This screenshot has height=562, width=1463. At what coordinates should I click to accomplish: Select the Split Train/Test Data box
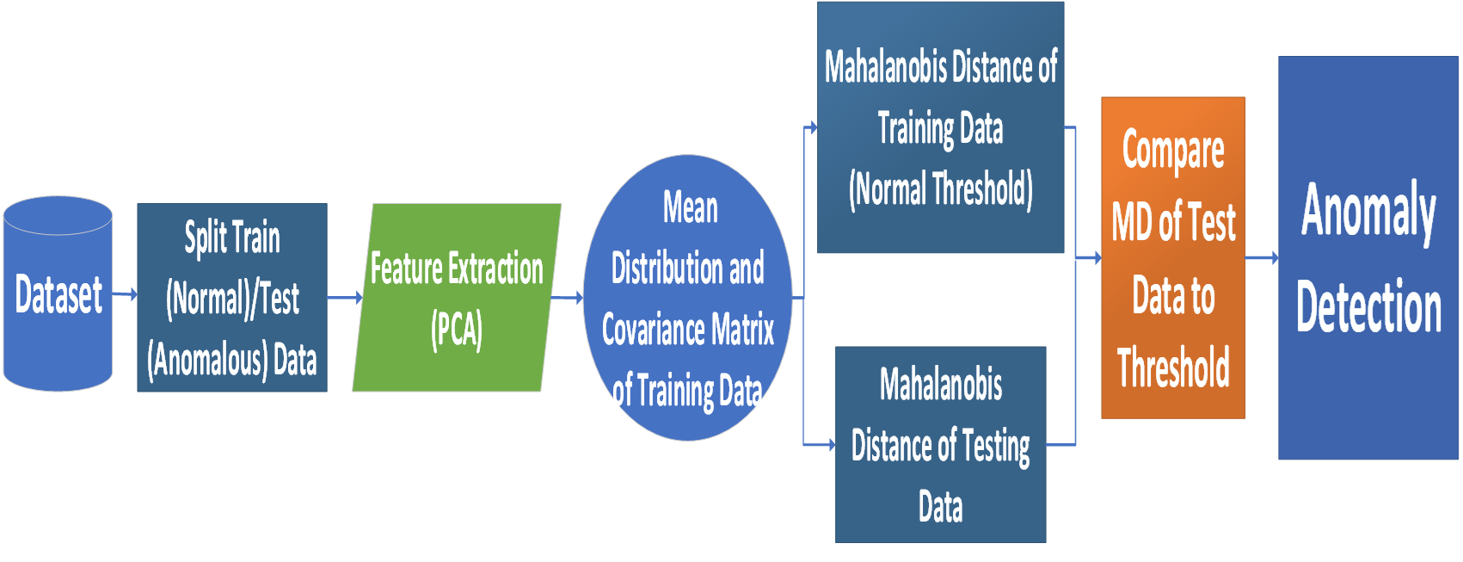pyautogui.click(x=232, y=298)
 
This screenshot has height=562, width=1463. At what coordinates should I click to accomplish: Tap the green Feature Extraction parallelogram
pyautogui.click(x=457, y=298)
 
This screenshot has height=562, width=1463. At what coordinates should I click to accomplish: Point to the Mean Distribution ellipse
pyautogui.click(x=688, y=298)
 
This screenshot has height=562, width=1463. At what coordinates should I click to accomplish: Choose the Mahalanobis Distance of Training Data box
pyautogui.click(x=941, y=127)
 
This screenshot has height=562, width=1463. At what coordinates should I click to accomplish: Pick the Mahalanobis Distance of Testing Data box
pyautogui.click(x=941, y=445)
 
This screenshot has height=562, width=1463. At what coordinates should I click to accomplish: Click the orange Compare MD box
pyautogui.click(x=1173, y=258)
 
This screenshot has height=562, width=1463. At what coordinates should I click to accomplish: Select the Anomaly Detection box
pyautogui.click(x=1368, y=258)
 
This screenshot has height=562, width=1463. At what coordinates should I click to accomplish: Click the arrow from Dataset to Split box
pyautogui.click(x=126, y=294)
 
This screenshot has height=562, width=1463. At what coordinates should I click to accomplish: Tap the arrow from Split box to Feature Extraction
pyautogui.click(x=345, y=298)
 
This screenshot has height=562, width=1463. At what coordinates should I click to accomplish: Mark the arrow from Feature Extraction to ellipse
pyautogui.click(x=568, y=298)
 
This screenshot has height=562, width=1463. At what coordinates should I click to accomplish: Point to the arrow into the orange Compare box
pyautogui.click(x=1089, y=257)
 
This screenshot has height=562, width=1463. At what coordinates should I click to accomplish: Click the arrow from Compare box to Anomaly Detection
pyautogui.click(x=1263, y=257)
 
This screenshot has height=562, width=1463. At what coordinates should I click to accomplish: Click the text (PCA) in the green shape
pyautogui.click(x=457, y=330)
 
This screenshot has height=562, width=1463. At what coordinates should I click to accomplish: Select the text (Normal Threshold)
pyautogui.click(x=941, y=189)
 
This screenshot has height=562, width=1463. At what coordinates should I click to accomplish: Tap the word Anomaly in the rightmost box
pyautogui.click(x=1368, y=211)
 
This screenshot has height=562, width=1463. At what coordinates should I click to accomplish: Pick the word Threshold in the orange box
pyautogui.click(x=1173, y=367)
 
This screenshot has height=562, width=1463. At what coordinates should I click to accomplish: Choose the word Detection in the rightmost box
pyautogui.click(x=1368, y=306)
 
